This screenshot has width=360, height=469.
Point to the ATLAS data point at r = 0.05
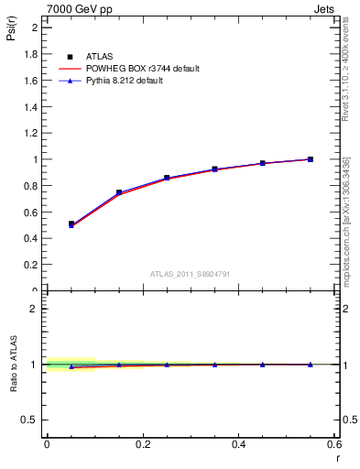click(71, 224)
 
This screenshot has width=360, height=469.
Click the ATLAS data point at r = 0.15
click(119, 192)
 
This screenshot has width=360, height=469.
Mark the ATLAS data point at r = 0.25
click(167, 178)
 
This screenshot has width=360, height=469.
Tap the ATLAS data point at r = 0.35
click(214, 169)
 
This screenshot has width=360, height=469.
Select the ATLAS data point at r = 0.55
click(311, 159)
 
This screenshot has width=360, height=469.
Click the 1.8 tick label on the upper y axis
click(30, 54)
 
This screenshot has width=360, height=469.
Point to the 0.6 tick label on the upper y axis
click(30, 213)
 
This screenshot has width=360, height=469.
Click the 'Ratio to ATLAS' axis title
click(12, 365)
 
